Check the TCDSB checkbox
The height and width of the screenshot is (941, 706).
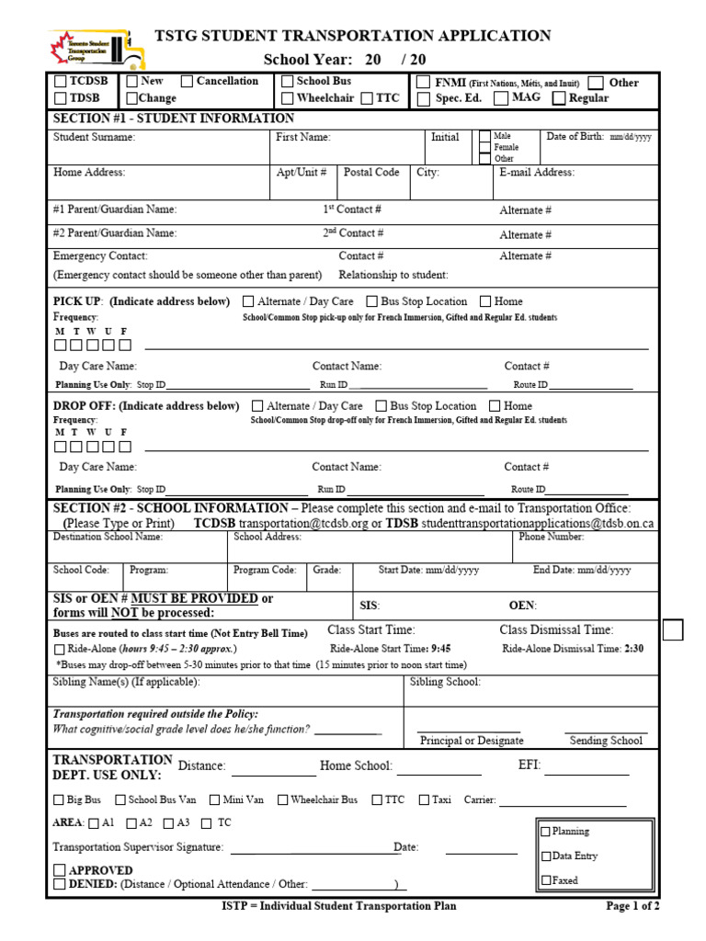pos(62,82)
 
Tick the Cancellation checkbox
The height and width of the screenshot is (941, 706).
pos(188,82)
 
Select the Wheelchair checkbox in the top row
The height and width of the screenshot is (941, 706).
pos(288,98)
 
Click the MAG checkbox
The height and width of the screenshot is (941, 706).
pos(502,98)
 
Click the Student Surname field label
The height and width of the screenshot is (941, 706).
pos(94,137)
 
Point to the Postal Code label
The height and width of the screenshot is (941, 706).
pos(371,172)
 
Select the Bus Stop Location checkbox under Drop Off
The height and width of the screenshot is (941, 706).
pos(381,406)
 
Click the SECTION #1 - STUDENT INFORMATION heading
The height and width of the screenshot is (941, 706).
pos(174,119)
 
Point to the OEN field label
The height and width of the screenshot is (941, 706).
pos(522,606)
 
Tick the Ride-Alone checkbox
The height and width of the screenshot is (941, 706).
pos(60,649)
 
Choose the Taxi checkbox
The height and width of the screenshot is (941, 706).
pos(423,800)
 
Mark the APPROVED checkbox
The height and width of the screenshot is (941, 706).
pos(60,869)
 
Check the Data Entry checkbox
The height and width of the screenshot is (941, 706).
pos(546,856)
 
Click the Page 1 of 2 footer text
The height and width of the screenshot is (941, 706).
pos(632,906)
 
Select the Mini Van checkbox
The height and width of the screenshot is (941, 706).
pos(215,800)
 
